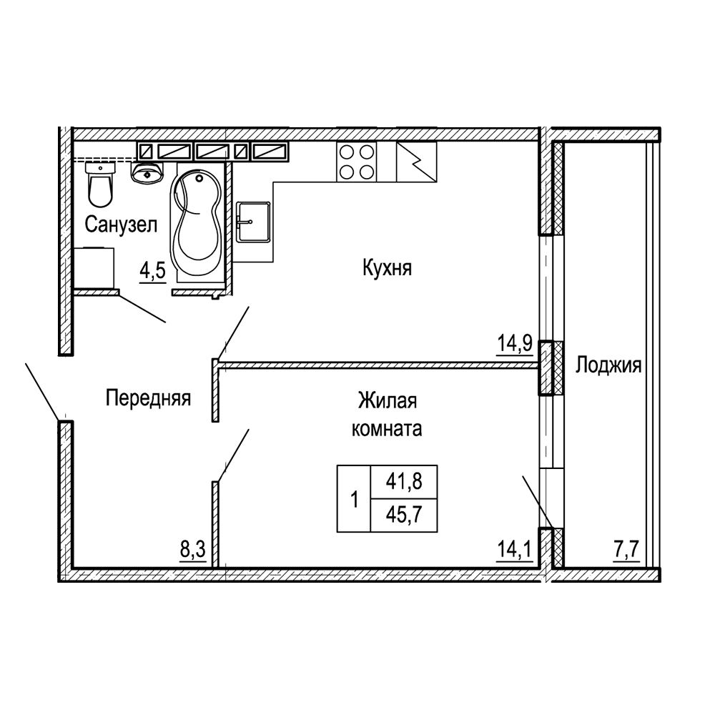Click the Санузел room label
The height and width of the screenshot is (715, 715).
(121, 225)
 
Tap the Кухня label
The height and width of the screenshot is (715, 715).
(387, 267)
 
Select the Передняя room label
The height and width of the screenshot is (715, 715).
(148, 398)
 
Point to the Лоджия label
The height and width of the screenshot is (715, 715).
(608, 365)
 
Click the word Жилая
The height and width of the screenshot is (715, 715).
(387, 401)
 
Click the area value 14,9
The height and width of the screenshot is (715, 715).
(514, 343)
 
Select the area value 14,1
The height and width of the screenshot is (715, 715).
(514, 550)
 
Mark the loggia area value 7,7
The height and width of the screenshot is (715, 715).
(627, 550)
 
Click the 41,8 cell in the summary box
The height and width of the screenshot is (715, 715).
(404, 481)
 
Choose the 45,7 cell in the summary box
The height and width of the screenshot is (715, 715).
(404, 516)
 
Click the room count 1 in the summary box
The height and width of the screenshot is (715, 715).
(355, 499)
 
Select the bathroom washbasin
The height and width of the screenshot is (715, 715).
(147, 172)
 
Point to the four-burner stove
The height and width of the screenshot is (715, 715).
(357, 162)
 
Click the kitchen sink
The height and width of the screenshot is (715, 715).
(254, 222)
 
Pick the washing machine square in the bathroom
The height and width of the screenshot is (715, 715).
(94, 268)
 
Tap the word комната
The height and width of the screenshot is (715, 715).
(387, 429)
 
